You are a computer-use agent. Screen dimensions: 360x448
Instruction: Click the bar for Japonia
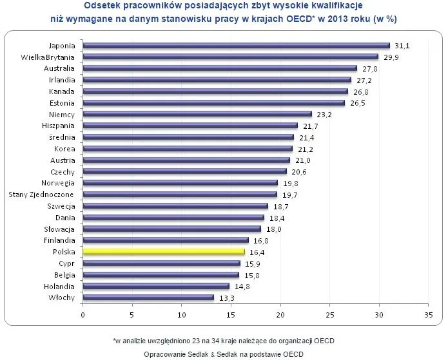pyautogui.click(x=236, y=45)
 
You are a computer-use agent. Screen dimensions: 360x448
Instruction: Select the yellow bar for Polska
pyautogui.click(x=164, y=252)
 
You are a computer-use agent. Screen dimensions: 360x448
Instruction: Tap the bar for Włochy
pyautogui.click(x=148, y=298)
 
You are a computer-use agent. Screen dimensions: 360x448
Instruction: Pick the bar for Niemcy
pyautogui.click(x=197, y=114)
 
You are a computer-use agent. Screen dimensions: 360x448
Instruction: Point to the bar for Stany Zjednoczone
pyautogui.click(x=180, y=194)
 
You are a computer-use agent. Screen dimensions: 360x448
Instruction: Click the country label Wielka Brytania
pyautogui.click(x=48, y=57)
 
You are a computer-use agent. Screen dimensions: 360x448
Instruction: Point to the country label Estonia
pyautogui.click(x=62, y=103)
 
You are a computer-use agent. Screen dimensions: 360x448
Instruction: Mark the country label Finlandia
pyautogui.click(x=59, y=240)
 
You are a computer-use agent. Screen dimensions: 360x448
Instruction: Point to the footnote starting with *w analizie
pyautogui.click(x=224, y=340)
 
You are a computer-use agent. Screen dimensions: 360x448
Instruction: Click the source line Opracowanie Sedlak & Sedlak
pyautogui.click(x=224, y=354)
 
